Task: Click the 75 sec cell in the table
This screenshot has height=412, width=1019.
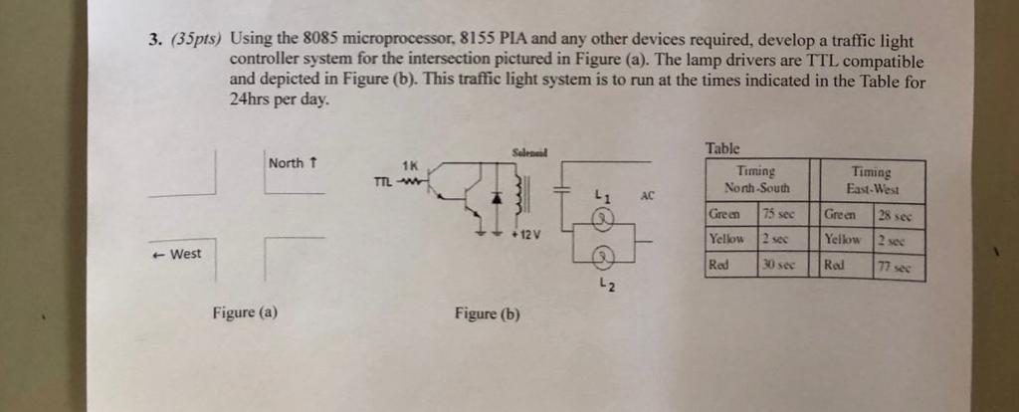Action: click(780, 214)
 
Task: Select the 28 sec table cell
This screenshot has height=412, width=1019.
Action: click(902, 215)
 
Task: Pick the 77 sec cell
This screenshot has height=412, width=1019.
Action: click(902, 267)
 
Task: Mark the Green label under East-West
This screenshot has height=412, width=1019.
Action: click(841, 215)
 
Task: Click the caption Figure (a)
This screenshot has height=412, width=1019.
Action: click(244, 312)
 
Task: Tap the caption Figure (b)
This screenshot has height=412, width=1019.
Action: click(487, 313)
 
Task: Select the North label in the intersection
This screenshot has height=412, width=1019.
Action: click(291, 163)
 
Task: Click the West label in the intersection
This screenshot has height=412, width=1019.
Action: click(179, 254)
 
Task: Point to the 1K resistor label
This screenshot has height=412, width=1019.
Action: click(409, 166)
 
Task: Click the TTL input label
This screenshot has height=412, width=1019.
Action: click(381, 181)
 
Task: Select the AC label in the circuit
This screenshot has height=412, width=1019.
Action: click(646, 196)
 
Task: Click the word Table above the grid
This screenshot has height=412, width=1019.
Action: click(722, 148)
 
